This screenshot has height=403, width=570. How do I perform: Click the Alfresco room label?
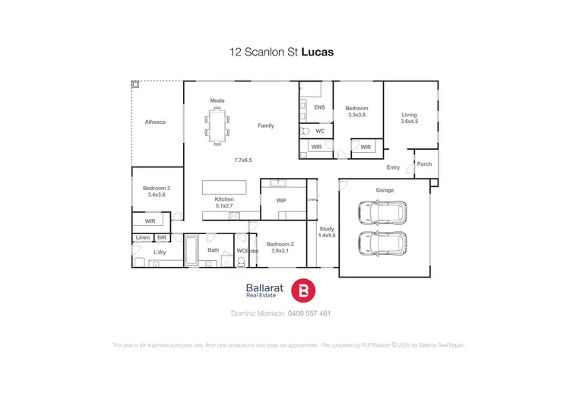click(x=155, y=122)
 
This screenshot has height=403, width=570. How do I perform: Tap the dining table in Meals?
click(x=217, y=124)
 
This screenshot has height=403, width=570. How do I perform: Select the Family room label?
click(x=265, y=125)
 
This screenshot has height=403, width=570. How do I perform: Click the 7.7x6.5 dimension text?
click(x=242, y=160)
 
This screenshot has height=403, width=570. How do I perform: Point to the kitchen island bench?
click(x=224, y=187)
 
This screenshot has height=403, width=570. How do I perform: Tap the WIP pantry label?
click(x=280, y=200)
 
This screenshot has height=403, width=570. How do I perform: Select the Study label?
click(x=327, y=228)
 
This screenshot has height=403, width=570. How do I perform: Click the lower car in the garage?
click(x=383, y=244)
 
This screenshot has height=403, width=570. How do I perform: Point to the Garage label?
click(x=385, y=190)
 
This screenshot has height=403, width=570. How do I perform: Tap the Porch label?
click(x=424, y=163)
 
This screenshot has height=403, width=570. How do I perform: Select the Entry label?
click(x=393, y=167)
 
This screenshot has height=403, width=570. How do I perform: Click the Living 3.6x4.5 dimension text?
click(x=410, y=121)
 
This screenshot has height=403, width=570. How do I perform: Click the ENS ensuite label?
click(x=319, y=108)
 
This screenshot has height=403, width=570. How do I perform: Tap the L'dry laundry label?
click(x=160, y=252)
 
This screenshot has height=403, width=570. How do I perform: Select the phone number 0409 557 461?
click(x=310, y=313)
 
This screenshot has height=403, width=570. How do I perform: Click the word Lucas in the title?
click(x=318, y=53)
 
